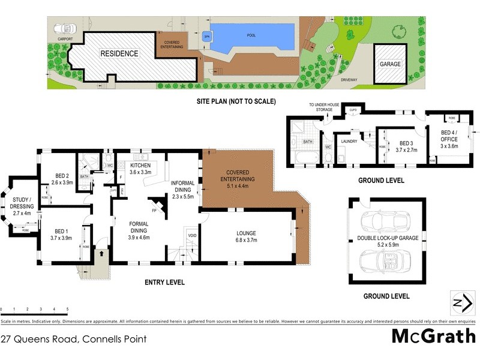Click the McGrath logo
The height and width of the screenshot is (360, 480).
(x=433, y=336)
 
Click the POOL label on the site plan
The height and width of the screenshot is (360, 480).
(x=251, y=35)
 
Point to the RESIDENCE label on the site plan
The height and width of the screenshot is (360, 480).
(x=119, y=53)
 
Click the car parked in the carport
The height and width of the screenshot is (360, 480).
(x=63, y=28)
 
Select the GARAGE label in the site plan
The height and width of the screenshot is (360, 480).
(x=389, y=64)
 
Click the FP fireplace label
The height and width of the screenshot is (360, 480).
(x=154, y=211)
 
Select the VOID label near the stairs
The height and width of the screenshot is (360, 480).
(x=192, y=235)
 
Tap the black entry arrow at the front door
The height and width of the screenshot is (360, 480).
(x=101, y=254)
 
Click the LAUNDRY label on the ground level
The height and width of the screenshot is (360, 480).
(x=349, y=141)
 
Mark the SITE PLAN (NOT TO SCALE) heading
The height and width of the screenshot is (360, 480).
(x=236, y=101)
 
